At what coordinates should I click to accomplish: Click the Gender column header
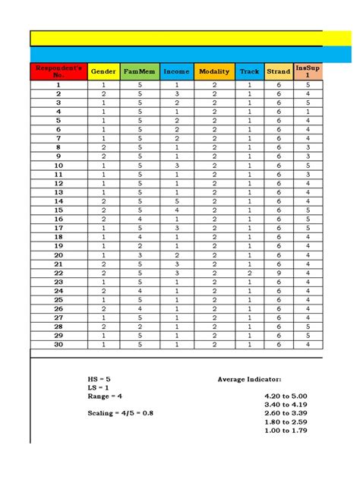(103, 71)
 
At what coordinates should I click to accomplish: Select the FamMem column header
(139, 71)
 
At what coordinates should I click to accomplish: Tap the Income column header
(176, 71)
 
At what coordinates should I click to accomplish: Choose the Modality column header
(214, 71)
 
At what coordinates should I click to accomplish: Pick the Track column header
(248, 71)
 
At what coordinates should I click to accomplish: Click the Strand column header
(279, 71)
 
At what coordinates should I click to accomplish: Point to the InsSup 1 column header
(308, 71)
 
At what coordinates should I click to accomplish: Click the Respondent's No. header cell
(58, 71)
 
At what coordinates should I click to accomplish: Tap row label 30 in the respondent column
(58, 344)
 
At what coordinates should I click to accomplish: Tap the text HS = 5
(99, 378)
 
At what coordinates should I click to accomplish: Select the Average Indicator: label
(249, 378)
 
